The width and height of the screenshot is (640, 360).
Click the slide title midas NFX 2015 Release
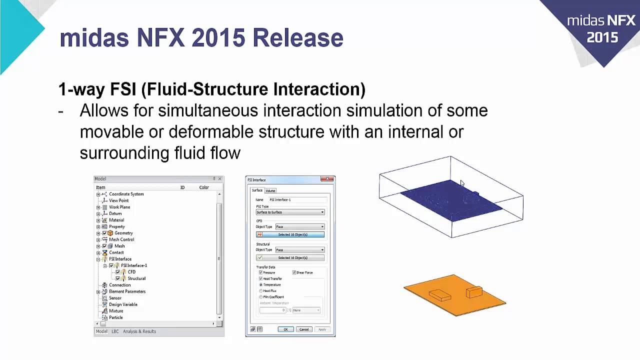[x=201, y=38]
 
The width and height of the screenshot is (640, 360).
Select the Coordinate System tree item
[x=126, y=194]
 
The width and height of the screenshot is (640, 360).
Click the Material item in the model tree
[x=116, y=220]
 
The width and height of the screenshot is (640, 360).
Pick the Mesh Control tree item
[x=121, y=239]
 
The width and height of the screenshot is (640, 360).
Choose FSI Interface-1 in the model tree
[x=134, y=265]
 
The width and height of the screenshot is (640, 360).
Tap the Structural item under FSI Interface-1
[x=136, y=278]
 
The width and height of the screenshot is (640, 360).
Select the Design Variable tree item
[x=123, y=304]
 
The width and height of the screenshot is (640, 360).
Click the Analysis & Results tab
[x=139, y=331]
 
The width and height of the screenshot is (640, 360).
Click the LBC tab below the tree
[x=115, y=331]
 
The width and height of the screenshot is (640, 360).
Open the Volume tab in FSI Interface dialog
[x=270, y=190]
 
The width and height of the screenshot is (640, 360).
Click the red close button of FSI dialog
[x=327, y=179]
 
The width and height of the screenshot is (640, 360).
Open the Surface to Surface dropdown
[x=290, y=212]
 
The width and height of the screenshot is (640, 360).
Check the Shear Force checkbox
[x=294, y=272]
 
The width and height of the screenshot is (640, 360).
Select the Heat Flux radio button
[x=261, y=290]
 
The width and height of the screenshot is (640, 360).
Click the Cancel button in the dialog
[x=304, y=329]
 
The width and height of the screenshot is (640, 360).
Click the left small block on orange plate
[x=439, y=295]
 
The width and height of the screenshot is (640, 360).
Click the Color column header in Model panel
[x=204, y=187]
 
